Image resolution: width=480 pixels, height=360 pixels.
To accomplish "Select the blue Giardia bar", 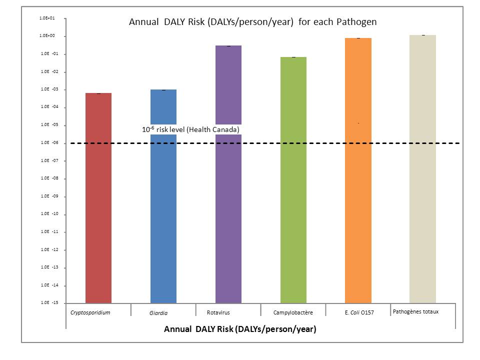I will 163,210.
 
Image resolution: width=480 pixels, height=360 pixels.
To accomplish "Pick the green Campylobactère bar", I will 293,180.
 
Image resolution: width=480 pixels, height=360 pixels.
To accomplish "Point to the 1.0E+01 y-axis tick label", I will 47,18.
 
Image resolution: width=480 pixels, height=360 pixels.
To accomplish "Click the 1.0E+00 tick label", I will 47,36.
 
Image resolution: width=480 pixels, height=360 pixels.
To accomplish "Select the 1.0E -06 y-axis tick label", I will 48,142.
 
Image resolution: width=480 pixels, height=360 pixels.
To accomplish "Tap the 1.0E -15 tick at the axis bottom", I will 48,302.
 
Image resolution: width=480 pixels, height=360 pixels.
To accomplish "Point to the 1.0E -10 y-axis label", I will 48,214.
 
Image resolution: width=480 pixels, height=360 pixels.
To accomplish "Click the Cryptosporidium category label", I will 90,312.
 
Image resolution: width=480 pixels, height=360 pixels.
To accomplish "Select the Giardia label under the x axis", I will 158,313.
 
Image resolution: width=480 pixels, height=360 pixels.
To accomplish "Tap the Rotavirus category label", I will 218,313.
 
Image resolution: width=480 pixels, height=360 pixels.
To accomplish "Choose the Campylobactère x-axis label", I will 293,313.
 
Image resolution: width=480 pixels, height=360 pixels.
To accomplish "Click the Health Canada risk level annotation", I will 191,129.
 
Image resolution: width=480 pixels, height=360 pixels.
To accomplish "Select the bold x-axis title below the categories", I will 240,329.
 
